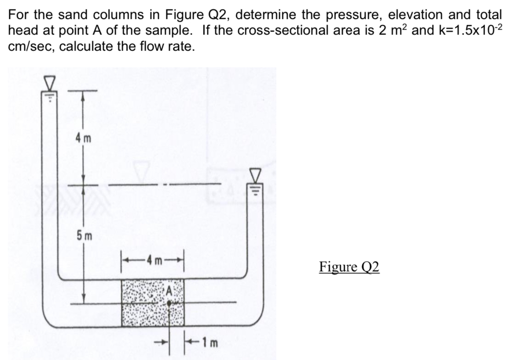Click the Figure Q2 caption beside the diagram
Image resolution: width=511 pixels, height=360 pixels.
pyautogui.click(x=349, y=267)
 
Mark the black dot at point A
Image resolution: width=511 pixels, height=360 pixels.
pyautogui.click(x=169, y=303)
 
